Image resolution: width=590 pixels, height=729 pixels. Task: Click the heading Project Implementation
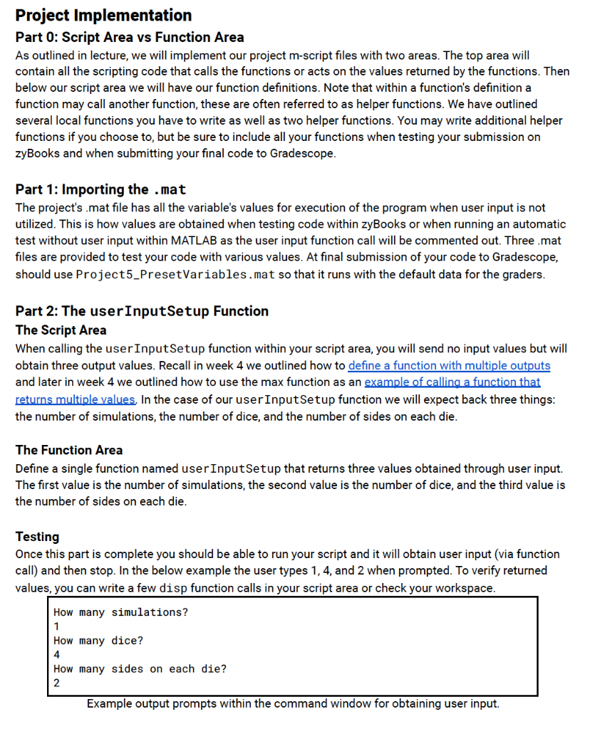[x=103, y=15]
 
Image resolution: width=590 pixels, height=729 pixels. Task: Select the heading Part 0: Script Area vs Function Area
[x=130, y=37]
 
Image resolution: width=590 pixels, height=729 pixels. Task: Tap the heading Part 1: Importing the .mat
[x=100, y=189]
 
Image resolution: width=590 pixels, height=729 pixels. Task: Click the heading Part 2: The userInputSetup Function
[x=142, y=311]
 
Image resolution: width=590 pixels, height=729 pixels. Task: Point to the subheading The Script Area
[x=61, y=330]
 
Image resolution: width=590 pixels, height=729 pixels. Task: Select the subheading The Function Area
[x=68, y=450]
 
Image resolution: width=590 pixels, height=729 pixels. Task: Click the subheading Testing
[x=37, y=537]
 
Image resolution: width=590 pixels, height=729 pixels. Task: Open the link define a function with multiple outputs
[x=449, y=366]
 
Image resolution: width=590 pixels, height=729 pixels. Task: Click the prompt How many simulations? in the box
[x=120, y=613]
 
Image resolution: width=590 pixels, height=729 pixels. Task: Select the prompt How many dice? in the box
[x=98, y=641]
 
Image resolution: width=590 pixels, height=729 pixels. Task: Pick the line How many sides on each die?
[x=140, y=669]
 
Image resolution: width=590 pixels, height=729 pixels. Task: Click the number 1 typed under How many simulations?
[x=57, y=627]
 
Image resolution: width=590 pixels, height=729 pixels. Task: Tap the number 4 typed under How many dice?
[x=57, y=655]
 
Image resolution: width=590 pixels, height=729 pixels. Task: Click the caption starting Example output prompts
[x=293, y=704]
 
